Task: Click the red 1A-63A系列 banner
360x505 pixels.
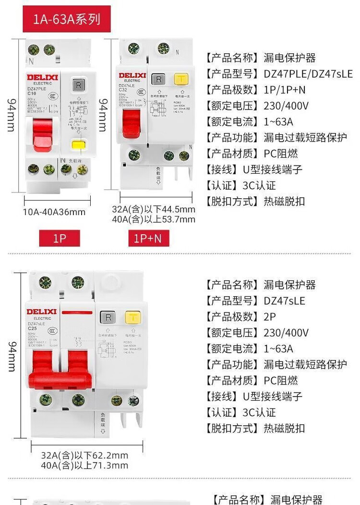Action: pos(67,19)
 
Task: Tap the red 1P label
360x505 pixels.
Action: pos(60,239)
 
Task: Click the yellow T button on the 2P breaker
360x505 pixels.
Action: pos(132,317)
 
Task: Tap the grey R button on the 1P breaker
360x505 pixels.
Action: pos(77,85)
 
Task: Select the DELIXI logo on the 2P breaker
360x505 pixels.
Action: pos(41,312)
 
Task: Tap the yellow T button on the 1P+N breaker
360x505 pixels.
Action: pos(181,79)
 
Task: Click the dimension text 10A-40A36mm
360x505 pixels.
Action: pos(54,212)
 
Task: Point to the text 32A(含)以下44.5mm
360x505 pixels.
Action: pos(154,210)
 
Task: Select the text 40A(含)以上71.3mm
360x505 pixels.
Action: pos(84,465)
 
